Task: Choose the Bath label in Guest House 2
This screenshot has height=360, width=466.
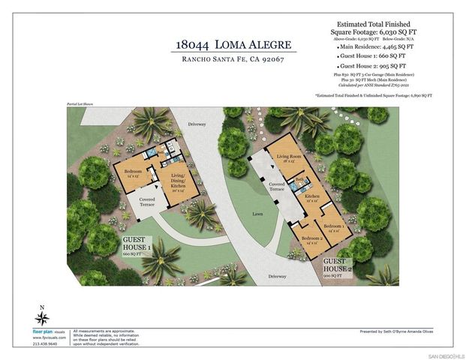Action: [x=299, y=180]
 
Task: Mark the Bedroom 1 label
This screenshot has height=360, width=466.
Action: [x=335, y=228]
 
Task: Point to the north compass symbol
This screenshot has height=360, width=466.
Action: [x=43, y=318]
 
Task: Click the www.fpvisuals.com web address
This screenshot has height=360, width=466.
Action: [x=45, y=337]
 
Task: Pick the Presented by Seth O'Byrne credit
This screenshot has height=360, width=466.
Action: [x=397, y=330]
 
